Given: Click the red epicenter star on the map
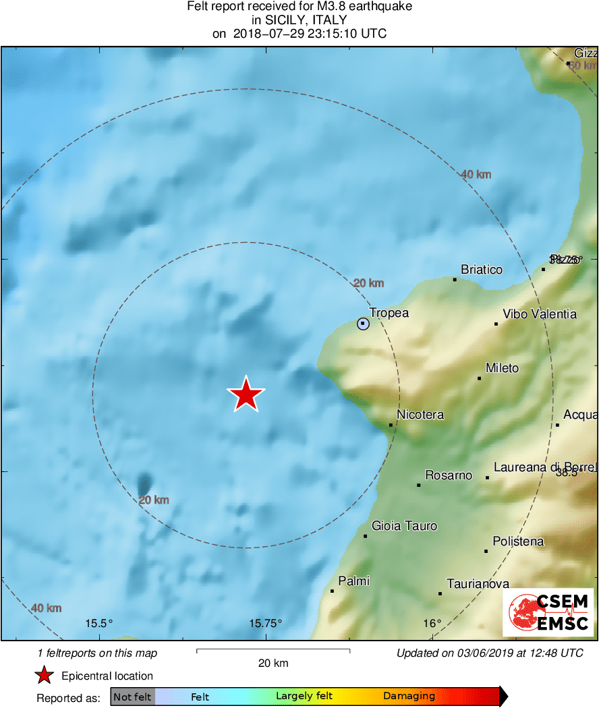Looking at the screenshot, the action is tap(246, 394).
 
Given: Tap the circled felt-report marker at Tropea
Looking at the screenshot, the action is tap(364, 324).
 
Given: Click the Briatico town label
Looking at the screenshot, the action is tap(482, 270).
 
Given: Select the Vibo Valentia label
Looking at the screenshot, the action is tap(540, 314).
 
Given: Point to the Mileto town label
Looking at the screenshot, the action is tap(503, 368).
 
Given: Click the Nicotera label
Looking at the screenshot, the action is tap(420, 415).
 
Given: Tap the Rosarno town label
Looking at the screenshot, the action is tap(449, 475).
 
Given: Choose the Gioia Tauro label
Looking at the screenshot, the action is tap(405, 526).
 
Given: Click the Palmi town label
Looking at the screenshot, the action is tap(353, 581).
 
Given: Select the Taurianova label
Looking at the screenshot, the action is tap(478, 584).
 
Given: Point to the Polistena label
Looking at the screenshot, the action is tap(518, 541).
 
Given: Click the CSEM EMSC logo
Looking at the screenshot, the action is tap(548, 612).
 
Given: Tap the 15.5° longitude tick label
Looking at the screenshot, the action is tap(98, 623).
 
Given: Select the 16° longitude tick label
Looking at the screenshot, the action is tap(432, 623).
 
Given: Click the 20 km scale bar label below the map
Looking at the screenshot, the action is tap(273, 663).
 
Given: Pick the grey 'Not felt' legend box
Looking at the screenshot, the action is tap(133, 697).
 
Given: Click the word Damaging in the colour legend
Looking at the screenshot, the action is tap(409, 697).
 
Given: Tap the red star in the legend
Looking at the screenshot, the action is tap(45, 676).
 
